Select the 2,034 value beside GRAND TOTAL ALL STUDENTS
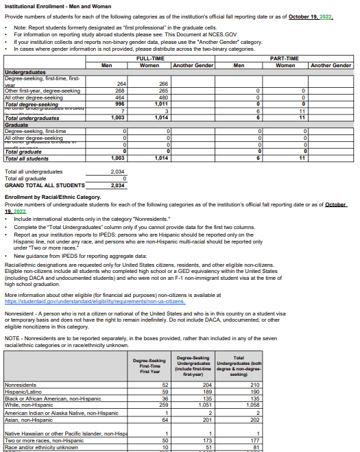pos(118,185)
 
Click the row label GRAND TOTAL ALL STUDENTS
pos(45,185)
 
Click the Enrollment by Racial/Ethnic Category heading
pos(53,197)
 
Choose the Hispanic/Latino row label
pos(24,391)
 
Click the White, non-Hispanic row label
pos(28,405)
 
